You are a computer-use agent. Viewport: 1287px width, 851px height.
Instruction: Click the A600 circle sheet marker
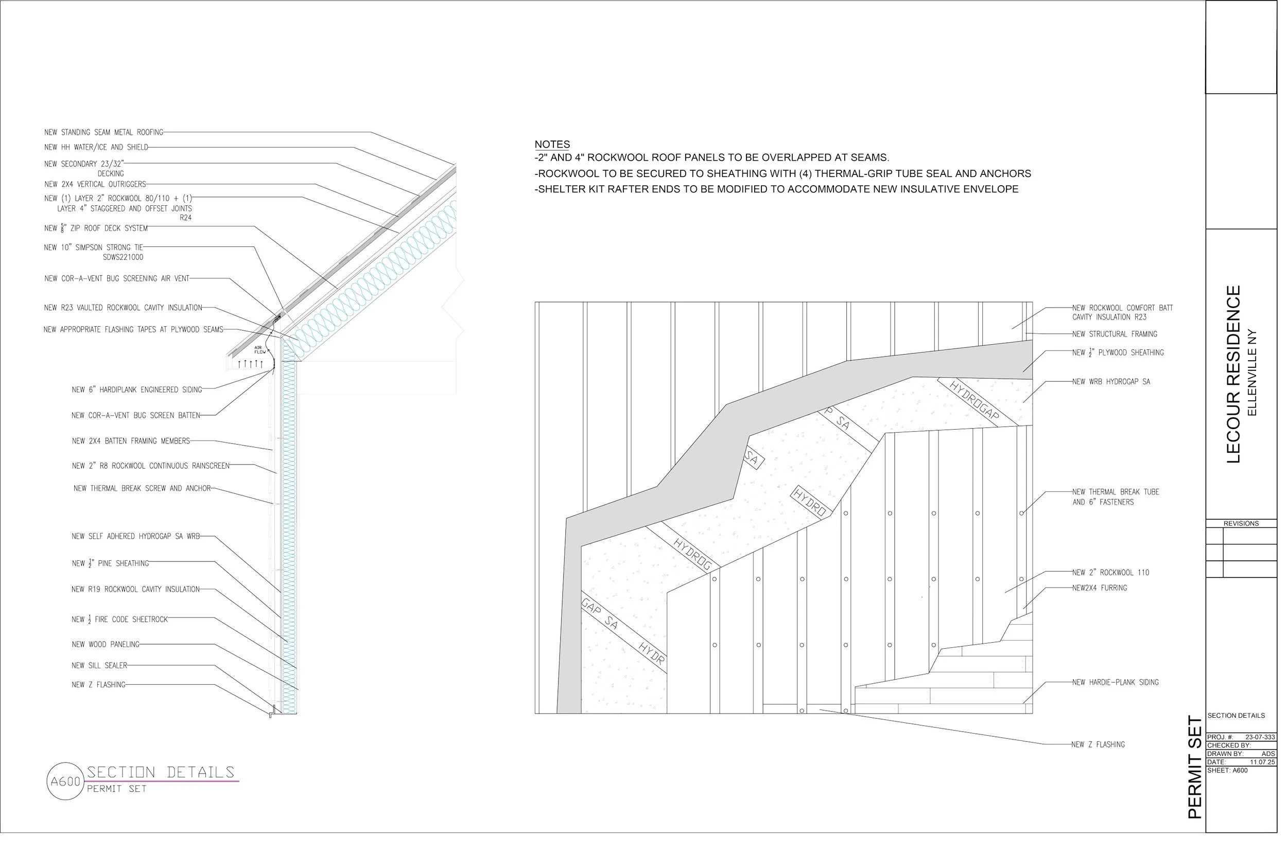click(x=65, y=782)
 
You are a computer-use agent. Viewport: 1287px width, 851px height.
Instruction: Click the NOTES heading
click(x=552, y=145)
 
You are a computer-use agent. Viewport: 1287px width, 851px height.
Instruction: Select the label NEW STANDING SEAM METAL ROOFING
click(x=103, y=132)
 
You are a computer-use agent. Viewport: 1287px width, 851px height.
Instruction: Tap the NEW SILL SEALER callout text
click(x=99, y=665)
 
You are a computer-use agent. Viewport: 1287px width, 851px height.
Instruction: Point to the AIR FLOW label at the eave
click(x=260, y=350)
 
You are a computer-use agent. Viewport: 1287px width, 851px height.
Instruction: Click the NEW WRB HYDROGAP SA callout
click(x=1110, y=382)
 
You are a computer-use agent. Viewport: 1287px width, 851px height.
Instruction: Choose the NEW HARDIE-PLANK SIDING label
click(x=1115, y=682)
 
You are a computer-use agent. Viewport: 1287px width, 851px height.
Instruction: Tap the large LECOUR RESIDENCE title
click(x=1234, y=374)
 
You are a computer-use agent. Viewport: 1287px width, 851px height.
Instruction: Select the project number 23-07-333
click(x=1260, y=737)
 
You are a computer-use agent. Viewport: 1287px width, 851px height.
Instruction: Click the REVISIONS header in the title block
click(x=1241, y=524)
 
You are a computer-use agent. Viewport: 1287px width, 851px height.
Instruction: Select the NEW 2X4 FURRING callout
click(x=1099, y=588)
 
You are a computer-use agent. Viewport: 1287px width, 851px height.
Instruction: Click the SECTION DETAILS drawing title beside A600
click(x=161, y=772)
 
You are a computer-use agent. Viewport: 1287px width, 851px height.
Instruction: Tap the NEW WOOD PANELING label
click(x=106, y=645)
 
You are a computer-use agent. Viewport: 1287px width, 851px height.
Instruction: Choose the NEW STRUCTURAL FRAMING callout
click(x=1115, y=334)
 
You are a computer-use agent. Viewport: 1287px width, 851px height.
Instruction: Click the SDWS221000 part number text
click(x=123, y=257)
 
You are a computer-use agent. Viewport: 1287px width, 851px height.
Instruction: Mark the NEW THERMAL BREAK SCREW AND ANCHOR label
click(x=142, y=488)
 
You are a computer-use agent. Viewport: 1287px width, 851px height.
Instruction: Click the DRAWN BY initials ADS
click(x=1268, y=754)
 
